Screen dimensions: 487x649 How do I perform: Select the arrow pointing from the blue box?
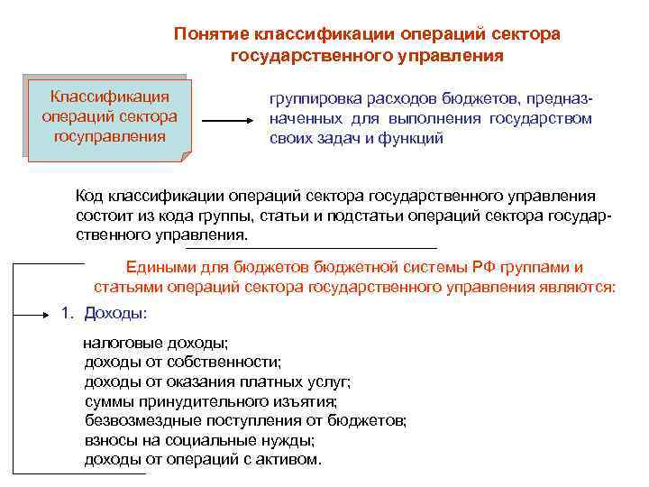point(229,121)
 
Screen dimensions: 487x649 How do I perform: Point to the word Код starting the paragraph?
point(91,196)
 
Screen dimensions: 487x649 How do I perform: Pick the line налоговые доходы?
point(155,344)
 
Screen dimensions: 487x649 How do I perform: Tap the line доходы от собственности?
point(182,363)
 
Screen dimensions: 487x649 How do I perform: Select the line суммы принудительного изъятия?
point(210,401)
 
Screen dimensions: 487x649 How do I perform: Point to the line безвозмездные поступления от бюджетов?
point(245,420)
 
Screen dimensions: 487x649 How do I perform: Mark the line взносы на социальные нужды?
point(199,440)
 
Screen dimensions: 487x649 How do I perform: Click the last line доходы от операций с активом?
point(202,459)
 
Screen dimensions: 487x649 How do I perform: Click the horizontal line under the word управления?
point(311,247)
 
